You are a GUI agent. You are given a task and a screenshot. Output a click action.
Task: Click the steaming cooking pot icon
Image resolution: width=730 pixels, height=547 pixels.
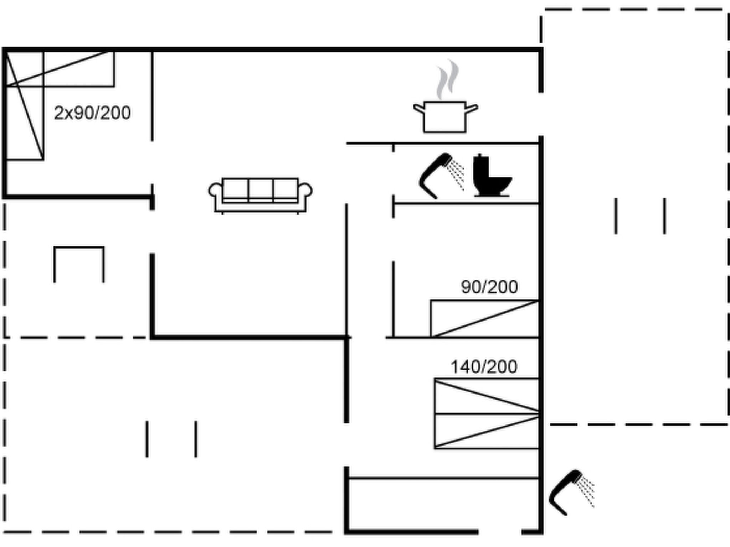tap(445, 117)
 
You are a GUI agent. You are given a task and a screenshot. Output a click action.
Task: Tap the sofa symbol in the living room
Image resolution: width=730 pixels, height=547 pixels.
tap(260, 195)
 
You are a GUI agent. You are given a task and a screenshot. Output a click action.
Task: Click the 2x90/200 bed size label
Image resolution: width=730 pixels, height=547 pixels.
tap(92, 113)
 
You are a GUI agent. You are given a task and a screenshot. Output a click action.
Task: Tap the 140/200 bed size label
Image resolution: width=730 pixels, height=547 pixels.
tap(484, 367)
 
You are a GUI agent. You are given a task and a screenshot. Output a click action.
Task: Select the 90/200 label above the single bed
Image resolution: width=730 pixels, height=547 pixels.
tap(489, 287)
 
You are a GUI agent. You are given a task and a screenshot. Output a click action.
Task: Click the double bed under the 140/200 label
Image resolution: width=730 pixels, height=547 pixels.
tap(486, 413)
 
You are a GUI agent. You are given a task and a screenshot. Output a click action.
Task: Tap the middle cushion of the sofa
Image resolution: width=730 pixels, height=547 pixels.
tap(261, 189)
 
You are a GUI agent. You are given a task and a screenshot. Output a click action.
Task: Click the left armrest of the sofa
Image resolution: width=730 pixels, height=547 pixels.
tap(215, 191)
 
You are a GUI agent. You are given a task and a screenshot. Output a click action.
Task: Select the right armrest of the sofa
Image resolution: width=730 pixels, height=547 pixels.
tap(305, 191)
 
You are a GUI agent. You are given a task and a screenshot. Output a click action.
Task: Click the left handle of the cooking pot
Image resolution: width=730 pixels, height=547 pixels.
tap(419, 108)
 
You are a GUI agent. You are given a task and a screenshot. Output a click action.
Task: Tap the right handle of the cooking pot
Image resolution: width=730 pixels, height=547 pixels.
tap(472, 108)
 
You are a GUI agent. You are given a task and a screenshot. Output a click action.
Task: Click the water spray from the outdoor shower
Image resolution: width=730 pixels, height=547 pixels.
tap(586, 490)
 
